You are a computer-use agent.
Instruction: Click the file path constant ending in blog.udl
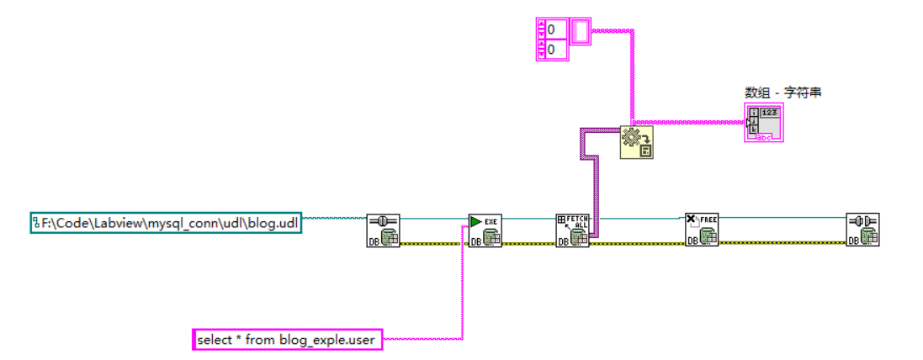click(x=166, y=223)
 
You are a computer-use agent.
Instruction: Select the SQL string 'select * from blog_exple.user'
click(x=287, y=340)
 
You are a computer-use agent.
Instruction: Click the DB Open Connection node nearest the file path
click(x=383, y=230)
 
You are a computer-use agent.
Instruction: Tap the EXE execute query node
click(x=485, y=230)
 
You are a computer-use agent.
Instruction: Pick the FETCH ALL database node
click(x=573, y=230)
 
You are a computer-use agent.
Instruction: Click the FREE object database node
click(x=701, y=229)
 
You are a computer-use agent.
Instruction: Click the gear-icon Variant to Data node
click(x=637, y=142)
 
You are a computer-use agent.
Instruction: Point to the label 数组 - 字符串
click(x=782, y=93)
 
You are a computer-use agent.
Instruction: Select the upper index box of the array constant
click(x=554, y=29)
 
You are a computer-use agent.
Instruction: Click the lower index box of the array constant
click(x=554, y=50)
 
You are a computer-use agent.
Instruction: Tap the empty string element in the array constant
click(x=581, y=31)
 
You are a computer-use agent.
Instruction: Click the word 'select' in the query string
click(x=213, y=340)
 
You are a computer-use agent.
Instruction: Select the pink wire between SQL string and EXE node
click(x=462, y=286)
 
